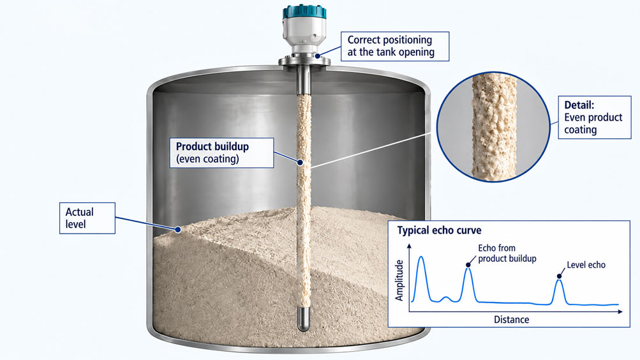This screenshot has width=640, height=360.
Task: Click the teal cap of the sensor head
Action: pos(304,12)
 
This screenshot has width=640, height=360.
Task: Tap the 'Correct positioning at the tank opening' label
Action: pos(395,46)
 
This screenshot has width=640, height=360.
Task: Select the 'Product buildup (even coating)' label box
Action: pos(221,153)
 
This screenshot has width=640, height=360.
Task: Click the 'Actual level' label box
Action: pos(87,218)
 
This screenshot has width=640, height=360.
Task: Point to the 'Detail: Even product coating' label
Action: pos(594,117)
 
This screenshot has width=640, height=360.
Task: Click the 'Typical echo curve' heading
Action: pos(439,230)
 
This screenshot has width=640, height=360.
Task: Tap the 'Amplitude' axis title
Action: pos(399,280)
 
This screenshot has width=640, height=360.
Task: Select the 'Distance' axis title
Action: pos(512,320)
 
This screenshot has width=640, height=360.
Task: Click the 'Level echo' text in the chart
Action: pos(586,265)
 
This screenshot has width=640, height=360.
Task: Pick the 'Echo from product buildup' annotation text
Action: pos(507,253)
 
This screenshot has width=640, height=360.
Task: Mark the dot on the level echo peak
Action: pos(559,276)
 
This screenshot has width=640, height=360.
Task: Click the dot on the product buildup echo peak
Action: pos(468,265)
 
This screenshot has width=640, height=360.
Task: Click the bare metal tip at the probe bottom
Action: pos(303,319)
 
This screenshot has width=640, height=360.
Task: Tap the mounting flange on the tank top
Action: pos(304,61)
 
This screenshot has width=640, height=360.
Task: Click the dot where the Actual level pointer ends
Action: pos(178,229)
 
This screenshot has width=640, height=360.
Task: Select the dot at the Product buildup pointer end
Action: pos(300,163)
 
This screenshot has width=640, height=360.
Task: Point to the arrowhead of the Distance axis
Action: pos(620,312)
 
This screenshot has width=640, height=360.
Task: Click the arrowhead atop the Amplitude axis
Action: pos(410,246)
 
